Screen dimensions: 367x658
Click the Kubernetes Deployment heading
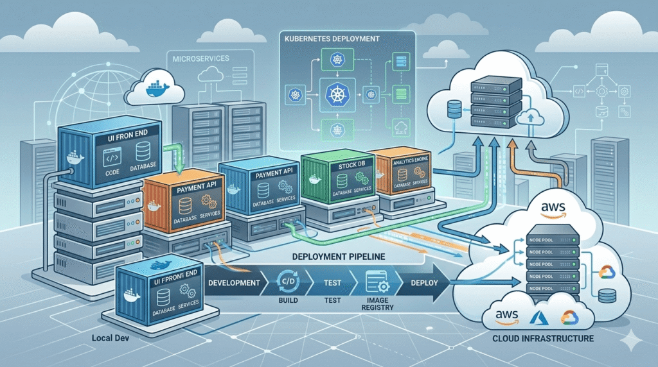[x=331, y=39]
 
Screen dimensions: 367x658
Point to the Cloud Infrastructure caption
[x=552, y=337]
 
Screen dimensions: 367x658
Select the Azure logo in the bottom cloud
[x=537, y=316]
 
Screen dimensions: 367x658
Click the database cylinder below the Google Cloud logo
[x=605, y=296]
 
